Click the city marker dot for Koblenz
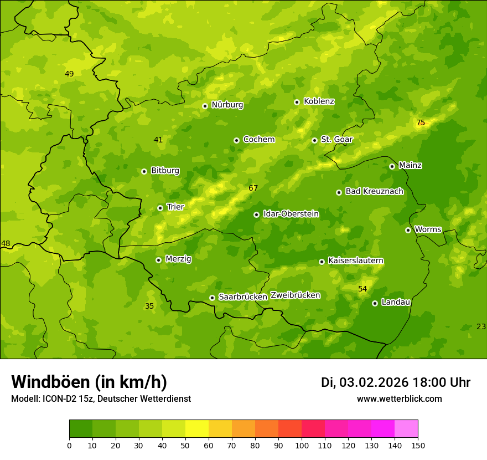click(x=297, y=102)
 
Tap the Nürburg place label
click(x=227, y=105)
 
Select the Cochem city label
click(x=258, y=140)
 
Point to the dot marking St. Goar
click(x=314, y=140)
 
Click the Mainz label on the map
click(x=410, y=166)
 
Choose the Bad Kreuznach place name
click(x=374, y=192)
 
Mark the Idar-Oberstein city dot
click(x=256, y=214)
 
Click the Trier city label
click(x=175, y=207)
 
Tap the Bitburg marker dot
click(x=144, y=171)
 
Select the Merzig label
click(x=178, y=259)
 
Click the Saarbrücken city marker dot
click(x=212, y=298)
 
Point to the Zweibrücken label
click(x=295, y=295)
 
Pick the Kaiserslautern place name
click(x=356, y=261)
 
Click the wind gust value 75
click(x=421, y=123)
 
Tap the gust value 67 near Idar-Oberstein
click(x=253, y=188)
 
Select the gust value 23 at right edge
click(x=481, y=327)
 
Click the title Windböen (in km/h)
click(x=89, y=382)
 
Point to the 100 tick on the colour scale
click(x=302, y=445)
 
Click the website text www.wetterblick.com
click(x=399, y=399)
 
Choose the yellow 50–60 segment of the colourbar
click(x=197, y=429)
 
